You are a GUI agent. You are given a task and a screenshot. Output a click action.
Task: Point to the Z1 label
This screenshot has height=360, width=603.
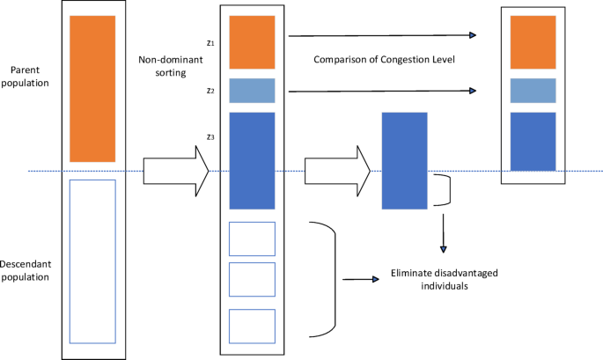pyautogui.click(x=210, y=41)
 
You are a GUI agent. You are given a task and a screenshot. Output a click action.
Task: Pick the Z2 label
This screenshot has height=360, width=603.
pyautogui.click(x=210, y=91)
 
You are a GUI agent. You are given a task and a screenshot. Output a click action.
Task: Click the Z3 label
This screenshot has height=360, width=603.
pyautogui.click(x=210, y=137)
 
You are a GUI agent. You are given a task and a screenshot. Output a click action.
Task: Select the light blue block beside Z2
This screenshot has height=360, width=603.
pyautogui.click(x=252, y=91)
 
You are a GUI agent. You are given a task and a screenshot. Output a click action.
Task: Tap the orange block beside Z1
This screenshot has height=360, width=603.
pyautogui.click(x=252, y=42)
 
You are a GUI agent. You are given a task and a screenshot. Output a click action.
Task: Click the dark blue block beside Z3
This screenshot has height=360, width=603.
pyautogui.click(x=252, y=160)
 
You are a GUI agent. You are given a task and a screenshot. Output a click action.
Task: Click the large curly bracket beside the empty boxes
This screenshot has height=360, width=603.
pyautogui.click(x=327, y=278)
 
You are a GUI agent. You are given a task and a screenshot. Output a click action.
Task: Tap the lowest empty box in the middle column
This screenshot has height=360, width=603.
pyautogui.click(x=252, y=326)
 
